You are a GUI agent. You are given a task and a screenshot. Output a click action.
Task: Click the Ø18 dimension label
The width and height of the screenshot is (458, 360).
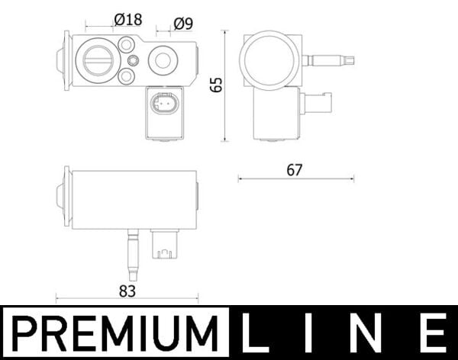[127, 20]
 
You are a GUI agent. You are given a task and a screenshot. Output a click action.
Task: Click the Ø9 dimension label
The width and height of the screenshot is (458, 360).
[182, 23]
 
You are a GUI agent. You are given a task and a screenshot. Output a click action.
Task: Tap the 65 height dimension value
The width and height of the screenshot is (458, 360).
[216, 85]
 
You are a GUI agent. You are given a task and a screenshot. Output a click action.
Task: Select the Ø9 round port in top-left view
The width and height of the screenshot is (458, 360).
[163, 59]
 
